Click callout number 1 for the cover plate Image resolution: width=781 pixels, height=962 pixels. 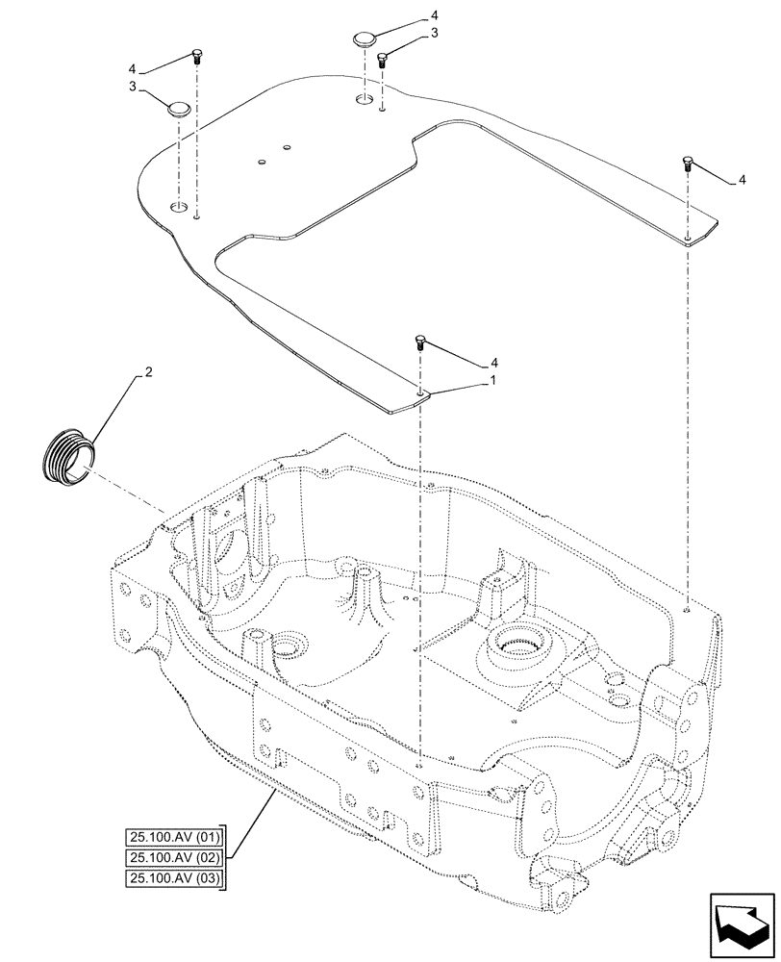click(x=493, y=381)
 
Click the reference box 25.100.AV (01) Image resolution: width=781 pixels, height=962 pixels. click(x=172, y=835)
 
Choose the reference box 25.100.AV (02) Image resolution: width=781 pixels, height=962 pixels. click(x=172, y=857)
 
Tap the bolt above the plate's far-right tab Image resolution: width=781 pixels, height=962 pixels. click(x=688, y=162)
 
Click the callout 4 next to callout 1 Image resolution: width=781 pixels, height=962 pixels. click(x=493, y=363)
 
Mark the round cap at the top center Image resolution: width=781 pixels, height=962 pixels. click(x=364, y=38)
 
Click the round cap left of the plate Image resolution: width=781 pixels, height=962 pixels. click(x=176, y=109)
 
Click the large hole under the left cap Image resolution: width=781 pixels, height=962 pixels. click(x=178, y=208)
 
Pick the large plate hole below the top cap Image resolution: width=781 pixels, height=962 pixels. click(x=364, y=100)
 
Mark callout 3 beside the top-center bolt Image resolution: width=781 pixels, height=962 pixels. click(x=434, y=33)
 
